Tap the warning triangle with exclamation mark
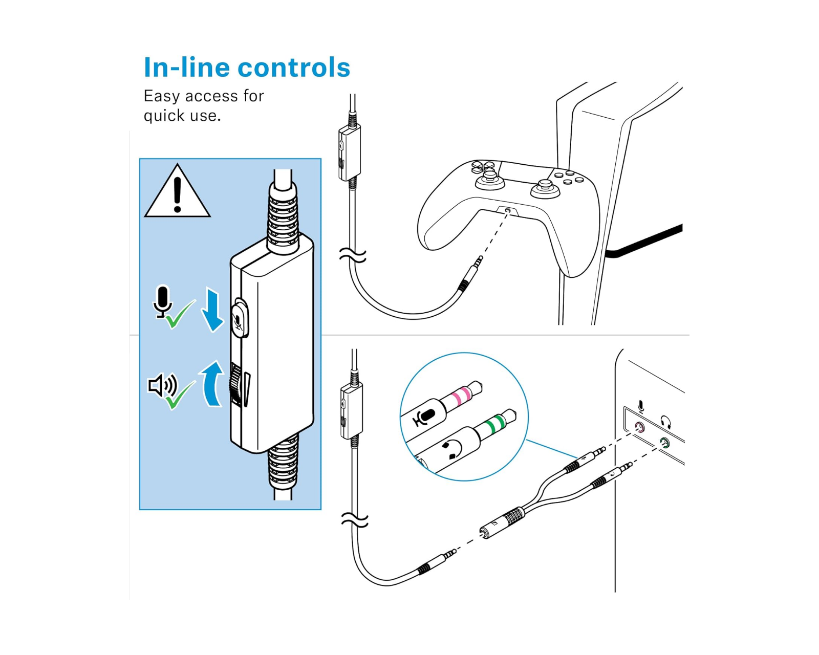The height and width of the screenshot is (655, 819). pyautogui.click(x=177, y=194)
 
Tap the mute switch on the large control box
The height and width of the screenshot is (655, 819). pyautogui.click(x=239, y=320)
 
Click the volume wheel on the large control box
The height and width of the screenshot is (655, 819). pyautogui.click(x=236, y=384)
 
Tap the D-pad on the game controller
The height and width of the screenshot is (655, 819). pyautogui.click(x=483, y=166)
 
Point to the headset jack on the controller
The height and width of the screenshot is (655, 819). pyautogui.click(x=507, y=210)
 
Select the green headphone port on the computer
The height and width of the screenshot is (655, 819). pyautogui.click(x=664, y=443)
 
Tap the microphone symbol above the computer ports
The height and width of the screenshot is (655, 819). pyautogui.click(x=641, y=407)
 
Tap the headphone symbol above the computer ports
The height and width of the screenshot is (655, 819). pyautogui.click(x=665, y=422)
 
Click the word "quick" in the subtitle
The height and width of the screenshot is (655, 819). pyautogui.click(x=164, y=116)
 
